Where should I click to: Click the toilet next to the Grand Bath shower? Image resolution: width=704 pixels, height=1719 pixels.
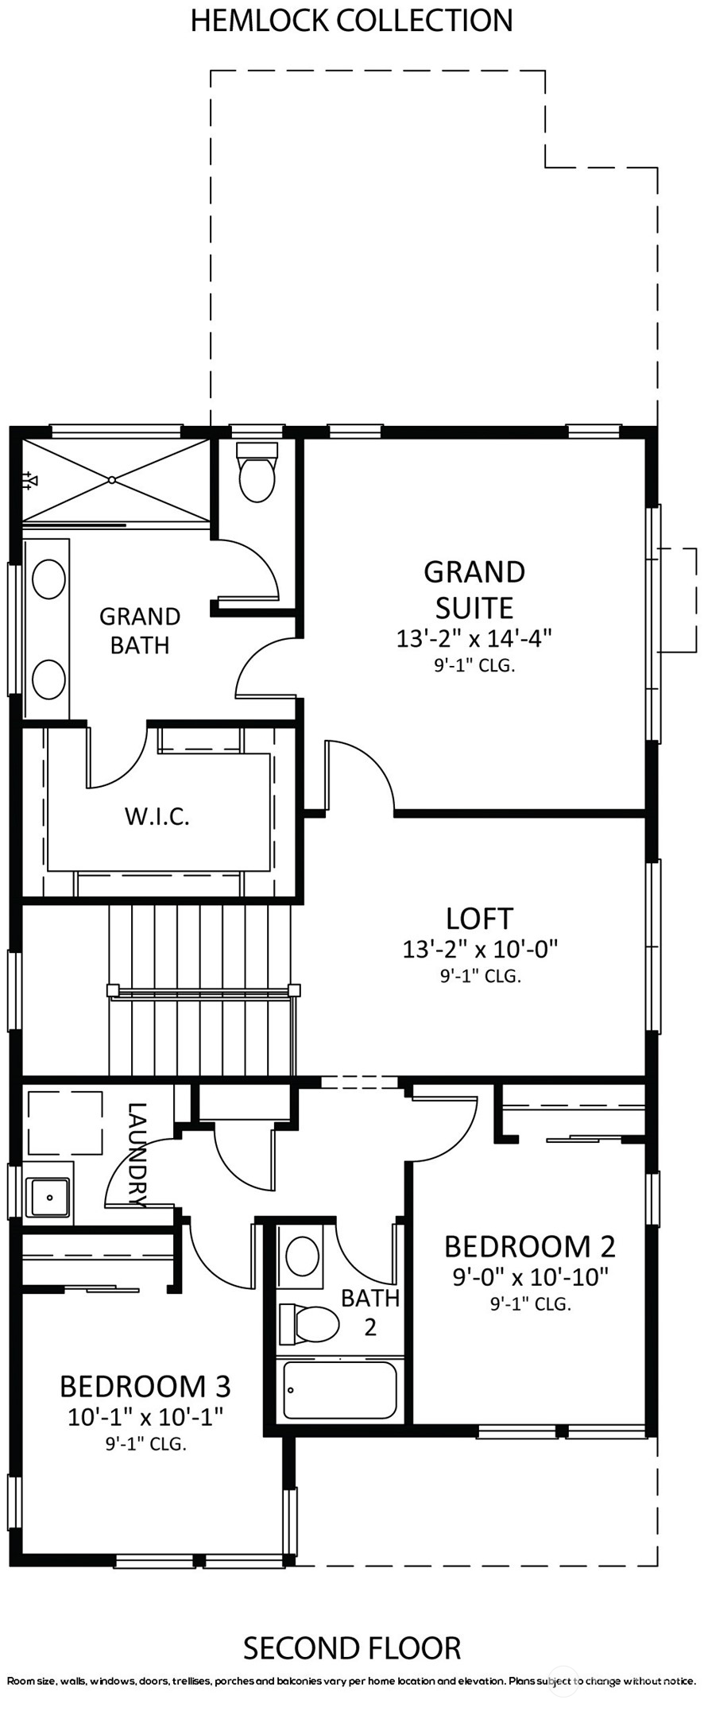click(257, 472)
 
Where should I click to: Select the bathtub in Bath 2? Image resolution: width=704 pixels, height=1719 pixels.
click(340, 1391)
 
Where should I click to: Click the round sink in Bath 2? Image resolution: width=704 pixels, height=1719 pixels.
click(302, 1257)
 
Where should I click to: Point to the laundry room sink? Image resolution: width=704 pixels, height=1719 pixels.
click(48, 1197)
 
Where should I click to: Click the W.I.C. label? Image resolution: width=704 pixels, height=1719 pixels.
click(157, 816)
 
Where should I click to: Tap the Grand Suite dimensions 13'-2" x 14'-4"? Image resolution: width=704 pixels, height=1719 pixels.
click(474, 638)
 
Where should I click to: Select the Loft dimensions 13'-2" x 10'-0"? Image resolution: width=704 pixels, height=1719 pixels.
click(480, 948)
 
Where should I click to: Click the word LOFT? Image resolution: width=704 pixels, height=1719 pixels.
click(479, 918)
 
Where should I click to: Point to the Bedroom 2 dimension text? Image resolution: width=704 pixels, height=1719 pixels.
click(530, 1277)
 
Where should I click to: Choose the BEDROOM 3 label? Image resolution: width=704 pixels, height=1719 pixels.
click(145, 1386)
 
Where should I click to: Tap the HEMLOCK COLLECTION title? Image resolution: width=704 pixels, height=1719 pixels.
click(351, 20)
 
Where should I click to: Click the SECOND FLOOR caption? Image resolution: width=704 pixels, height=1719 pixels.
click(352, 1648)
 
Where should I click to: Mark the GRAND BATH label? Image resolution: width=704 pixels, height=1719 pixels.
click(140, 630)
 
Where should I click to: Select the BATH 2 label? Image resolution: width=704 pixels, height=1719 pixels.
click(370, 1312)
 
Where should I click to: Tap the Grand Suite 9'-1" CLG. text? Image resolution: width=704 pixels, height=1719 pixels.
click(474, 666)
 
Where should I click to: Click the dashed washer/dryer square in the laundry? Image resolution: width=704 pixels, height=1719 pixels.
click(65, 1123)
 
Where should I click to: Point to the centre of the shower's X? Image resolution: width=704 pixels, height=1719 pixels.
click(112, 480)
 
